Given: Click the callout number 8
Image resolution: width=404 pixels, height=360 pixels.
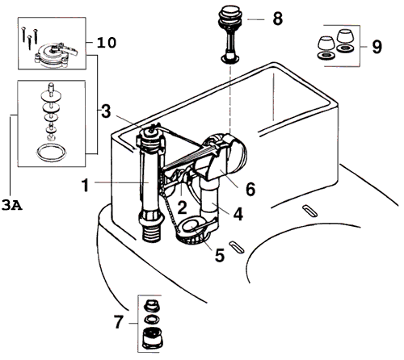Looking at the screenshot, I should pos(278,18).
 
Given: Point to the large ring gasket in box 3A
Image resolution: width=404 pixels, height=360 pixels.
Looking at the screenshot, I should pos(50,149).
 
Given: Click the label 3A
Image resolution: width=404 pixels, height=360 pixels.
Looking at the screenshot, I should pos(11,206).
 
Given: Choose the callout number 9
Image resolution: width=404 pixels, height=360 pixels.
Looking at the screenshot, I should pos(377,47).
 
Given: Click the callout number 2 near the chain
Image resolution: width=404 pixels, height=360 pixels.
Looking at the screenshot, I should pos(183,207).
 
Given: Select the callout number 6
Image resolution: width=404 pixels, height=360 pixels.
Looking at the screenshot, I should pos(250,189).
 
